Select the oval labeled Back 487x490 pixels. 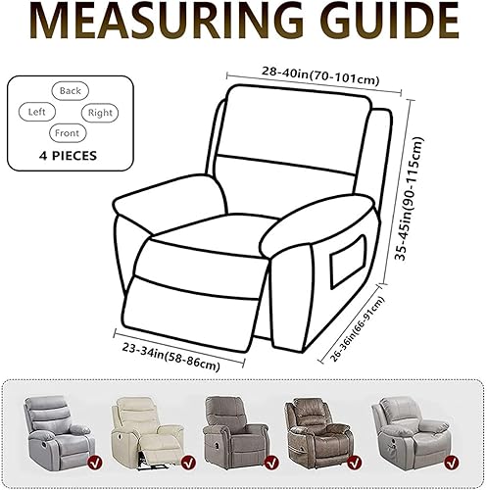click(x=71, y=90)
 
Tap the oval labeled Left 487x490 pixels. click(x=37, y=112)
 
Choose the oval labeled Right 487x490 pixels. click(x=100, y=113)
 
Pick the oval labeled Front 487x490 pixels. click(x=68, y=133)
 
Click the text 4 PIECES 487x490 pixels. click(x=68, y=156)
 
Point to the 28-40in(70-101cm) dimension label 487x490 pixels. click(x=320, y=76)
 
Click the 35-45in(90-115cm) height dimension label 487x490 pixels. click(x=409, y=199)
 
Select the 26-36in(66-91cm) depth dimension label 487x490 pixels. click(x=358, y=328)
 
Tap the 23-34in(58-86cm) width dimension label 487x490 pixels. click(x=170, y=356)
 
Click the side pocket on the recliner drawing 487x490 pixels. click(x=347, y=262)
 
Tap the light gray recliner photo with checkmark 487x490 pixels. click(x=59, y=431)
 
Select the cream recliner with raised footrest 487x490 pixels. click(x=147, y=432)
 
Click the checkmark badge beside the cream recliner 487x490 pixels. click(x=188, y=462)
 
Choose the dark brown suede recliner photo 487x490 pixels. click(x=317, y=432)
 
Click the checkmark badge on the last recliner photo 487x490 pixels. click(x=452, y=462)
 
